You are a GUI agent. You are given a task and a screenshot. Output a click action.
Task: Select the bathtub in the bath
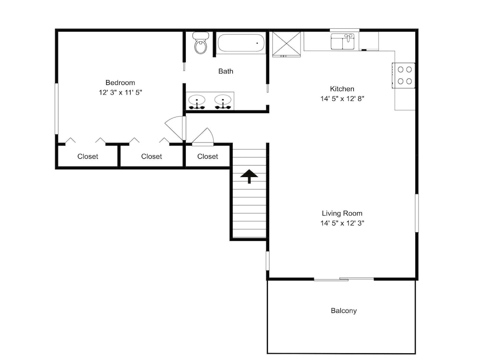241,43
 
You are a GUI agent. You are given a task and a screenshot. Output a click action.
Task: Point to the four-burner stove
404,75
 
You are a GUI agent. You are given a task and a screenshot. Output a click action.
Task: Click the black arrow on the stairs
249,176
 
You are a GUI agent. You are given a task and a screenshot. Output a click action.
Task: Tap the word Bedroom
120,83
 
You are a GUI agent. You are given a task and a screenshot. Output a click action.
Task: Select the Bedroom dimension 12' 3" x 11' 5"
120,93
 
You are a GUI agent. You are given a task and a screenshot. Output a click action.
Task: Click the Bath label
226,72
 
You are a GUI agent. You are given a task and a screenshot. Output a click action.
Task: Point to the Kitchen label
342,89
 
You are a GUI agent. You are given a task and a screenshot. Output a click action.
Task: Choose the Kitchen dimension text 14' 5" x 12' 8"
342,98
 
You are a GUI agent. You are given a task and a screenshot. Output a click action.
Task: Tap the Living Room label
342,214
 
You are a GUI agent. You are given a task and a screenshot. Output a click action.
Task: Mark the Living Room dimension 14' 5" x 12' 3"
342,223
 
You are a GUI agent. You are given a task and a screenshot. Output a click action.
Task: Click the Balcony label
344,311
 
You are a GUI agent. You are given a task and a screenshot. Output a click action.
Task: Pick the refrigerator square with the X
287,44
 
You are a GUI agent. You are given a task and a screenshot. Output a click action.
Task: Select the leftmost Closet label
87,156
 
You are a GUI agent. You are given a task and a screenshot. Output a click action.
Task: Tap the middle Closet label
152,156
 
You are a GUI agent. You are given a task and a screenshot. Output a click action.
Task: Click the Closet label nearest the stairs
207,156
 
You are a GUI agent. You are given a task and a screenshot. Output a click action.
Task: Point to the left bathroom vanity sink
196,102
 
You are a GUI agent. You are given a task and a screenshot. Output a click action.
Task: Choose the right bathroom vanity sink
223,102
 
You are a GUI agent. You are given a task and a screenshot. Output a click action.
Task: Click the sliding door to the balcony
344,279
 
